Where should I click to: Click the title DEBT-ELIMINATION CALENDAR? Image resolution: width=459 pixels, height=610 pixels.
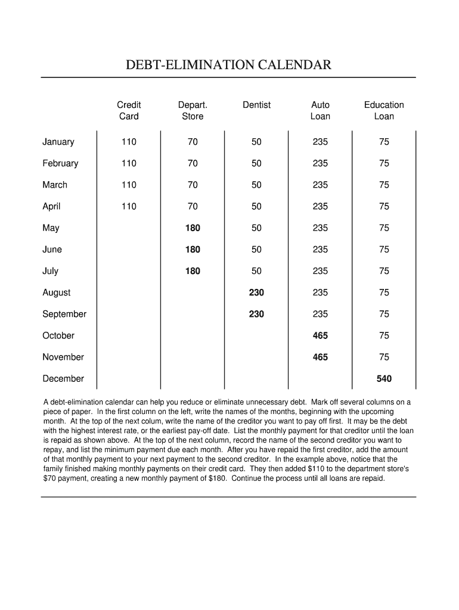(228, 65)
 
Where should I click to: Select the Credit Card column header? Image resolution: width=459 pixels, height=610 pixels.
(129, 111)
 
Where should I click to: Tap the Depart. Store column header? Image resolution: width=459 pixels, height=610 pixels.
(193, 111)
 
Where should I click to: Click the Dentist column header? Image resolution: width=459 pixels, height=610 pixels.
(256, 105)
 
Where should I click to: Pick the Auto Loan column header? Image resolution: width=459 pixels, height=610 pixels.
(320, 111)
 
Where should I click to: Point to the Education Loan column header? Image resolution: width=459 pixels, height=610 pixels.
(384, 111)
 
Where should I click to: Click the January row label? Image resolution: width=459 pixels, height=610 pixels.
(58, 142)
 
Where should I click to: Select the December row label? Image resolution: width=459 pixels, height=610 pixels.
(63, 379)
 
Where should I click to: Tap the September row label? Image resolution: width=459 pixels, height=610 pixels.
(64, 314)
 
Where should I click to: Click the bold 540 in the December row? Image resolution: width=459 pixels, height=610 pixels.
(384, 379)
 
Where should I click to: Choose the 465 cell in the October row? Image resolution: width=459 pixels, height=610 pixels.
(320, 336)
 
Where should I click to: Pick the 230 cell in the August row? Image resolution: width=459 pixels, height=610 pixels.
(256, 292)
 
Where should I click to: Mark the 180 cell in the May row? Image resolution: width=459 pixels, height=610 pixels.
(193, 228)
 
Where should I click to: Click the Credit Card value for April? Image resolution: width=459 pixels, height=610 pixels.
(129, 207)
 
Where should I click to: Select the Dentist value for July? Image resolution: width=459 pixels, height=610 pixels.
(256, 271)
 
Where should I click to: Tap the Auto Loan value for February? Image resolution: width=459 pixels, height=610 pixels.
(320, 163)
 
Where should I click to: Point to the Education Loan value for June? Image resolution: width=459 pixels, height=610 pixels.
(384, 250)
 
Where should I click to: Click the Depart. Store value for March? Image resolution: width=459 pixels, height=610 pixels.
(193, 185)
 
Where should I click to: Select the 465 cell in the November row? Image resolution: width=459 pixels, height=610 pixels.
(320, 357)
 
